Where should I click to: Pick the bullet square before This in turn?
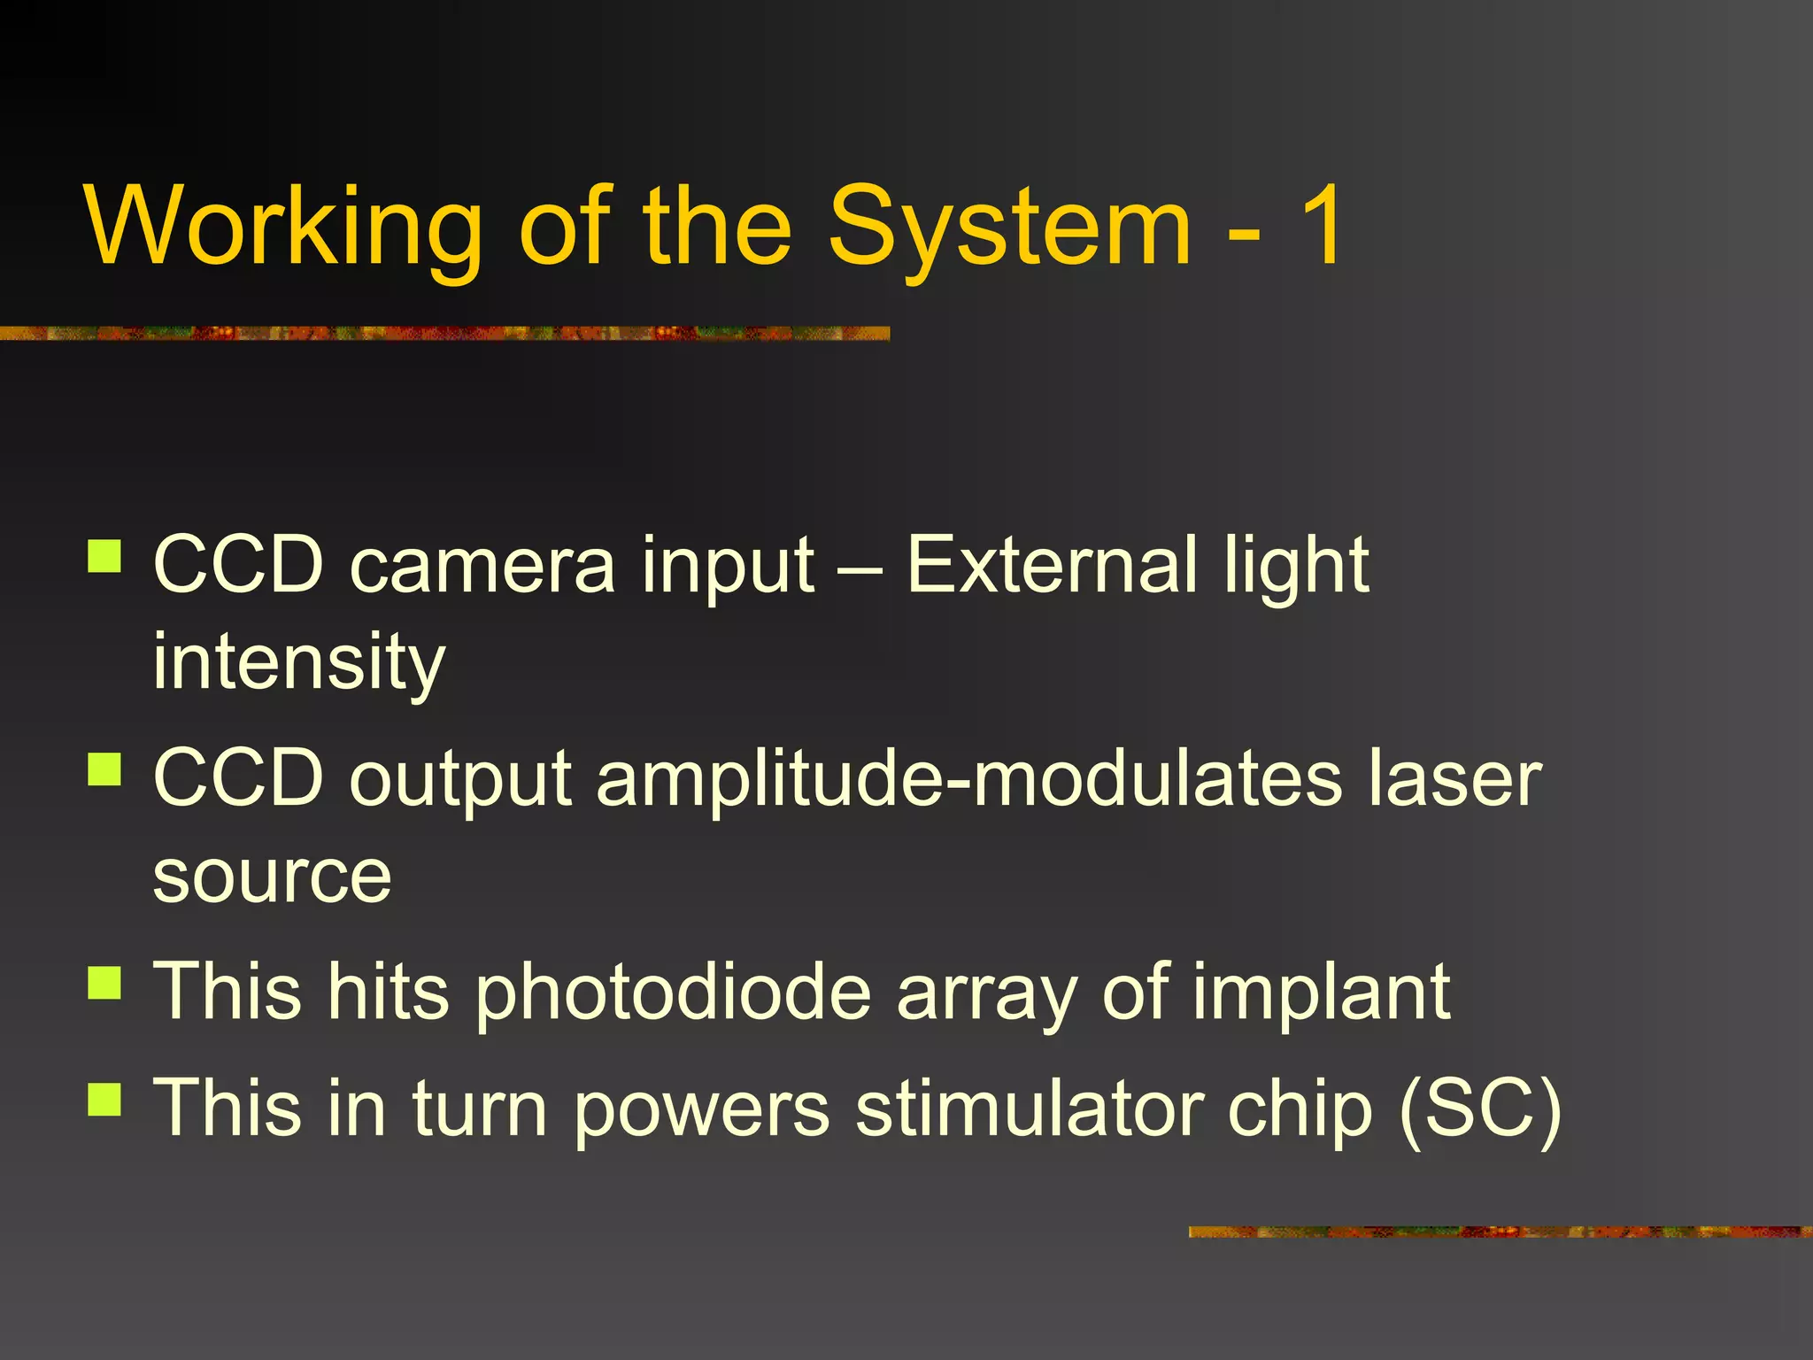(x=104, y=1099)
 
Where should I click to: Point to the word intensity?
(x=298, y=662)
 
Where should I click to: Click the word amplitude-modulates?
(x=969, y=779)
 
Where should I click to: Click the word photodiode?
(x=673, y=993)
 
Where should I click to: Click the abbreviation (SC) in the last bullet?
(x=1480, y=1109)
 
